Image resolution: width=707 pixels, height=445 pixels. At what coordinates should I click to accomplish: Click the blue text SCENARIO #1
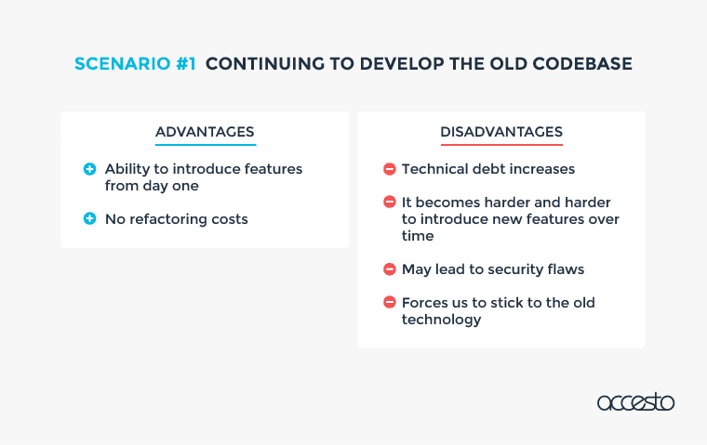pyautogui.click(x=135, y=63)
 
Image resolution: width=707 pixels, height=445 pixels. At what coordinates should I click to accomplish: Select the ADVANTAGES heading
pyautogui.click(x=205, y=132)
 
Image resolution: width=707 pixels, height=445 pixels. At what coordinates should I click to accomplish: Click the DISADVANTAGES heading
pyautogui.click(x=501, y=132)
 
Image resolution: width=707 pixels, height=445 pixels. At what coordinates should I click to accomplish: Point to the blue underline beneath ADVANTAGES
pyautogui.click(x=206, y=145)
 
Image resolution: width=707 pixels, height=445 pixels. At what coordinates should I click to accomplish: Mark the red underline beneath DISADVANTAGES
pyautogui.click(x=501, y=145)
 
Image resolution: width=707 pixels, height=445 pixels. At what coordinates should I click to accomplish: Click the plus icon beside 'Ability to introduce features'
pyautogui.click(x=89, y=169)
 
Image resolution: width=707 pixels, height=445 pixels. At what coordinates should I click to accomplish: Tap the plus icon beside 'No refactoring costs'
pyautogui.click(x=89, y=218)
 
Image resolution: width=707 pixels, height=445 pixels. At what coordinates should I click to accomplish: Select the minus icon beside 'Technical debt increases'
pyautogui.click(x=390, y=169)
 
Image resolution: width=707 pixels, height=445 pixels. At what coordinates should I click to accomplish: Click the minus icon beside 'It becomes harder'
pyautogui.click(x=390, y=202)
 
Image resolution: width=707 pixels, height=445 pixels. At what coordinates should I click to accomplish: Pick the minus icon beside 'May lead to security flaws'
pyautogui.click(x=390, y=268)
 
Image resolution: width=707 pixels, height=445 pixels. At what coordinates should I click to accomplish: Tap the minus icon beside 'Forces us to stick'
pyautogui.click(x=390, y=302)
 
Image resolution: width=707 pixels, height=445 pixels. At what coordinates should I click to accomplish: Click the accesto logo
pyautogui.click(x=635, y=401)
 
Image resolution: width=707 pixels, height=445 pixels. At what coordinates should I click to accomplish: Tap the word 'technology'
pyautogui.click(x=442, y=320)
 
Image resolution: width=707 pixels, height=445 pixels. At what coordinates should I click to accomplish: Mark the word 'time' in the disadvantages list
pyautogui.click(x=418, y=236)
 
